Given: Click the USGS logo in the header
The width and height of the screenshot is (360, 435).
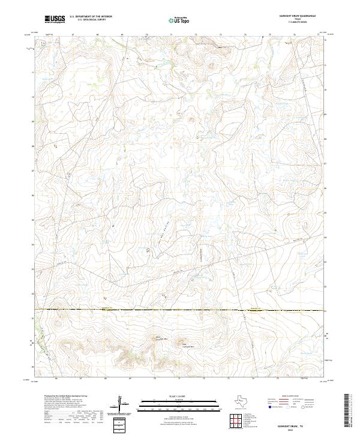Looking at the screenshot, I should (x=55, y=19).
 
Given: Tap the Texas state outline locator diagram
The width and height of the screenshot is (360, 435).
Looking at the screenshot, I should (x=245, y=401).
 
